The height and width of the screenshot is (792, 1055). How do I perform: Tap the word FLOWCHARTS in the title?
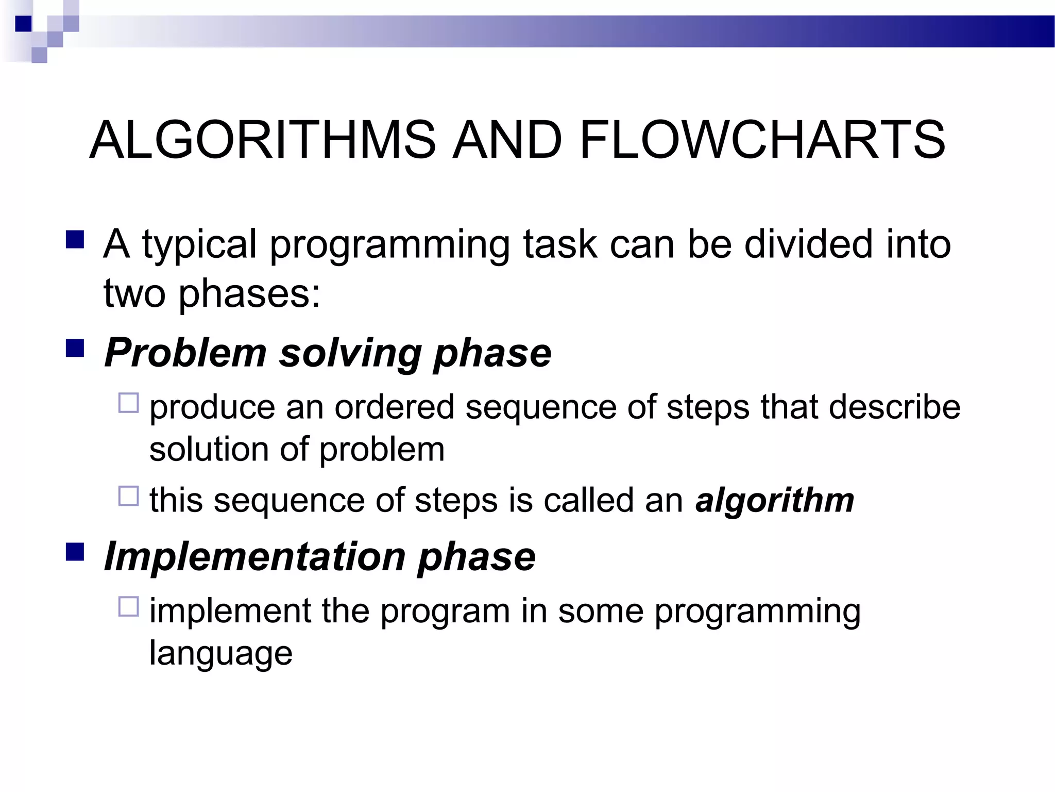(x=762, y=140)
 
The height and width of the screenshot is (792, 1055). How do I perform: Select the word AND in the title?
(x=507, y=140)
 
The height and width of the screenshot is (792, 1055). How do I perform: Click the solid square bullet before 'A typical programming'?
(x=75, y=240)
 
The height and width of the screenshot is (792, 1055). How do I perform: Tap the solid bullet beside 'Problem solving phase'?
(x=75, y=349)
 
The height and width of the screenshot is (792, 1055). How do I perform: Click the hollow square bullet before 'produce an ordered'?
(x=128, y=403)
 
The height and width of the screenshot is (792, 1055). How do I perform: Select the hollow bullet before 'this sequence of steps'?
(x=128, y=496)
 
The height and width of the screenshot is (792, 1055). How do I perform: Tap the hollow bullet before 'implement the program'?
(x=128, y=606)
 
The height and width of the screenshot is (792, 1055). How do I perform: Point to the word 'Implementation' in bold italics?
(x=255, y=557)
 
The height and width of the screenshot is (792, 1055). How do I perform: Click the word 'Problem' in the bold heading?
(x=185, y=354)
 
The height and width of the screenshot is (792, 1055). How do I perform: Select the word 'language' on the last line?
(x=220, y=654)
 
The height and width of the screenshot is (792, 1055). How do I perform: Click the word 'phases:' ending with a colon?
(x=249, y=294)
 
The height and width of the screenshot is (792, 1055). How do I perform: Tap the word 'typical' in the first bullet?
(x=199, y=245)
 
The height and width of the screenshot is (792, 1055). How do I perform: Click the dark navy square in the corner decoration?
(x=24, y=24)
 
